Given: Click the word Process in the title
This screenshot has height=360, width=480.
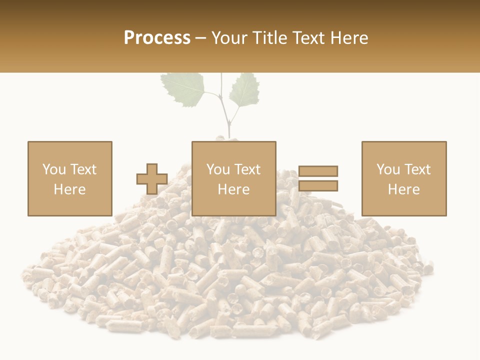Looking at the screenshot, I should tap(157, 37).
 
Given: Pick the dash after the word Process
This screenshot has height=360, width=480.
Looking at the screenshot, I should tap(200, 38).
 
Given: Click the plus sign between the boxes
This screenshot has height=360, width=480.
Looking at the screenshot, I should tap(152, 179).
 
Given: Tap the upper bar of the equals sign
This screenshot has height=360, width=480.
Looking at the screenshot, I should tap(318, 171).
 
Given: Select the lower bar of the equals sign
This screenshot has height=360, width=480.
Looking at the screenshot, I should tap(318, 185).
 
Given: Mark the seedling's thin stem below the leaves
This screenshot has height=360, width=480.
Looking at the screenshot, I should tap(228, 122).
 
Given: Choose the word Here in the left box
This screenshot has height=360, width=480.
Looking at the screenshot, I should tap(69, 189).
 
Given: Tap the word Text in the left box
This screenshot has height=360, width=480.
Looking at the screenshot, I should tap(83, 169).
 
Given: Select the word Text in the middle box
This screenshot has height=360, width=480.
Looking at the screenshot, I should tap(247, 169).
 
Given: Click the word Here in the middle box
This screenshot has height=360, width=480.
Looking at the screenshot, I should tap(233, 189).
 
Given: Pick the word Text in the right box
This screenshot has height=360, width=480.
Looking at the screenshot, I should tap(417, 169).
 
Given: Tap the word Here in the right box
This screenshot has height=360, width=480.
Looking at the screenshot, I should tap(403, 189).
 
